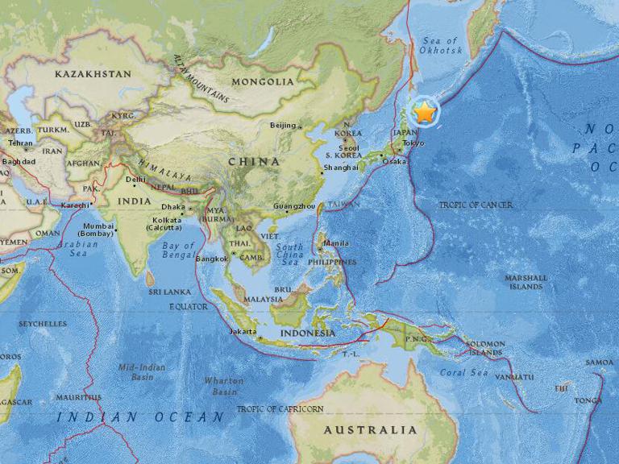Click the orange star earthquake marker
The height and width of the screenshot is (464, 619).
coord(425,113)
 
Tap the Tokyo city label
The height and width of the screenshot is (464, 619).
coord(413,143)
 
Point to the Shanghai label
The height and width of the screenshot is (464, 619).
coord(339,168)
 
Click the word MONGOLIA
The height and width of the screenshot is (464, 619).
coord(262,81)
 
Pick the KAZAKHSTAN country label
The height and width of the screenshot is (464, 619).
coord(93,73)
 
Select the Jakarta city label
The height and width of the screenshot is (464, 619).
coord(243,331)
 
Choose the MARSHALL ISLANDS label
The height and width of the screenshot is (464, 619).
coord(526,282)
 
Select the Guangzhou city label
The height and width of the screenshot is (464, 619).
coord(294,206)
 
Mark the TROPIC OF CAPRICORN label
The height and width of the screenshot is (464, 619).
coord(280,409)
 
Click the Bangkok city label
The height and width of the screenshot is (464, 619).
coord(211,259)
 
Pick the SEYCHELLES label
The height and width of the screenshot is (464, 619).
coord(43,323)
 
